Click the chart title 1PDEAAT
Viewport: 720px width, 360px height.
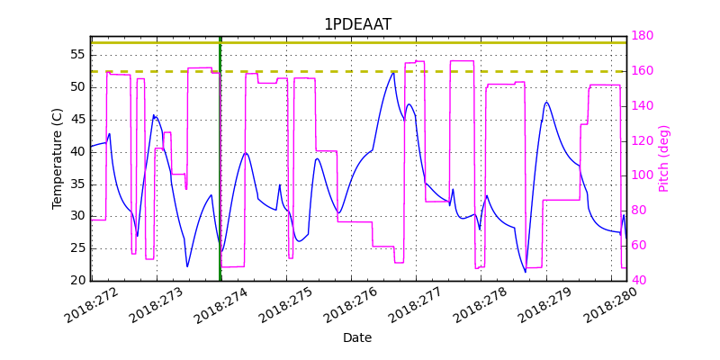(357, 24)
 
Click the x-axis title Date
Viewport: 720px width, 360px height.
(357, 337)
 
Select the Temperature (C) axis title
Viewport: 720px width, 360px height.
(58, 158)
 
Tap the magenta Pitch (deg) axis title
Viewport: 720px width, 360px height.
(664, 158)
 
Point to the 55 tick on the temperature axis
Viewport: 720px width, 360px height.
(77, 55)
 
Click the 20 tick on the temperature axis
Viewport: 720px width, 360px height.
(77, 281)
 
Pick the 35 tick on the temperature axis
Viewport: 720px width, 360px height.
(77, 184)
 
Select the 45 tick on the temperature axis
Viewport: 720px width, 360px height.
(77, 119)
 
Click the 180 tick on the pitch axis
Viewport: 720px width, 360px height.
(643, 36)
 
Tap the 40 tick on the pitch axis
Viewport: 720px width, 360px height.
(639, 281)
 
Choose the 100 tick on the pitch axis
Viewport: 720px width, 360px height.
(643, 175)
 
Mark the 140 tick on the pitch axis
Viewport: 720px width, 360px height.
(643, 105)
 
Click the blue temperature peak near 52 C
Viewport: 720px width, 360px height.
(393, 74)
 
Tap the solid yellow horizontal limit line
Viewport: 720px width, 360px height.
(360, 42)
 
